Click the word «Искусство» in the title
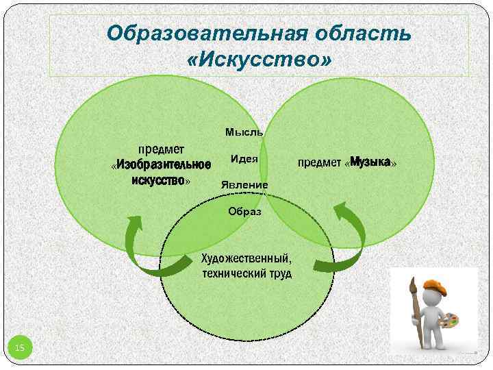point(258,60)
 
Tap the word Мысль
point(244,132)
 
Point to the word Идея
point(244,159)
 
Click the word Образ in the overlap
point(244,211)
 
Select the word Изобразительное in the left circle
point(163,164)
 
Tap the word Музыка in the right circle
point(370,162)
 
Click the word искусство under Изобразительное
point(159,180)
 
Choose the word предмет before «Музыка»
point(319,163)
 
